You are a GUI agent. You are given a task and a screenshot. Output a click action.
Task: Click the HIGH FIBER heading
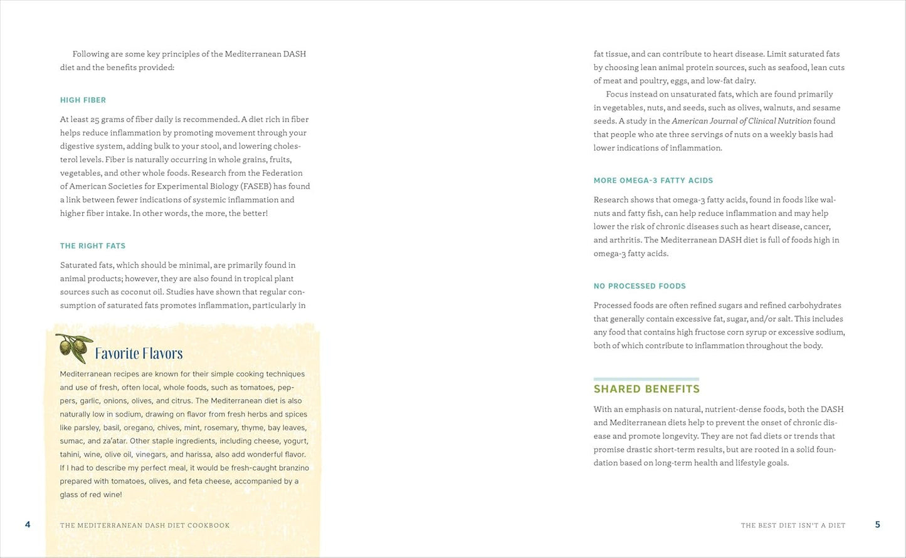click(83, 100)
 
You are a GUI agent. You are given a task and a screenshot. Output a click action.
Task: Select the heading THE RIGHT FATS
click(93, 246)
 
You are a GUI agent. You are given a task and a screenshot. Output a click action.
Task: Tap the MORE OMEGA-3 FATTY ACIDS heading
click(653, 180)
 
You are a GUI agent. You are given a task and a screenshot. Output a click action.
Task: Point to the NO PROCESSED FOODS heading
click(640, 286)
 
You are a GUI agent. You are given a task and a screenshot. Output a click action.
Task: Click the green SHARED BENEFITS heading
click(646, 389)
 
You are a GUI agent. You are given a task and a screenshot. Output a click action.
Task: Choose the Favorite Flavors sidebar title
click(139, 354)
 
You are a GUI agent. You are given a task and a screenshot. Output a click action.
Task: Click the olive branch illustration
click(74, 348)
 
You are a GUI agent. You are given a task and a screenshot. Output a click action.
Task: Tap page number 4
click(28, 525)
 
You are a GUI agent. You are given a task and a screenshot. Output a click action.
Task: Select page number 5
click(877, 525)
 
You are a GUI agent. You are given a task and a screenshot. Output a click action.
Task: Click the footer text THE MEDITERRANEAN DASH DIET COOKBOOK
click(145, 525)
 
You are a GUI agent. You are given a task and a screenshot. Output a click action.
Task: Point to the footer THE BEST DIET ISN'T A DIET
click(793, 525)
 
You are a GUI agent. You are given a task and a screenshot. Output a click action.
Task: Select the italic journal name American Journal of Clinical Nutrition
click(741, 121)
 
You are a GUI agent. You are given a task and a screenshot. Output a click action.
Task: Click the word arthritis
click(624, 240)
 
